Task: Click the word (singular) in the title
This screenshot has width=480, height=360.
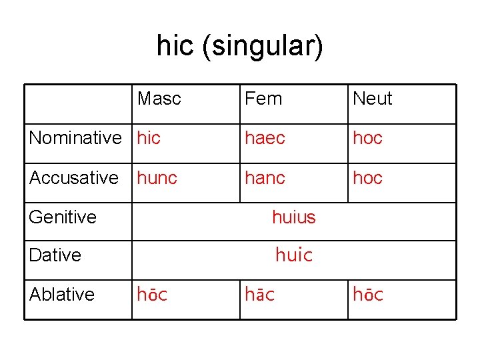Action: click(263, 47)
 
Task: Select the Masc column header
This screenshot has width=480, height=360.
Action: click(159, 99)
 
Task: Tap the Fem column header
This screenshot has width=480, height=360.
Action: click(263, 99)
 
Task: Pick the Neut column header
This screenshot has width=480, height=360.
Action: click(372, 99)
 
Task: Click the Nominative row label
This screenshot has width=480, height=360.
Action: click(75, 138)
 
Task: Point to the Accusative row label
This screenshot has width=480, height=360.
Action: click(74, 178)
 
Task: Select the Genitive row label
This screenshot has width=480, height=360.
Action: click(63, 217)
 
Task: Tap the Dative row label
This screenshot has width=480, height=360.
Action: click(55, 255)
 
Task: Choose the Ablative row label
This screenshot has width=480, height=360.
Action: click(62, 294)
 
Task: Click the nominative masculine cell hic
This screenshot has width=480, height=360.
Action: click(149, 138)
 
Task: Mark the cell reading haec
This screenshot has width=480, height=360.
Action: click(265, 138)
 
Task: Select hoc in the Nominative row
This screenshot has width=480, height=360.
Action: click(367, 138)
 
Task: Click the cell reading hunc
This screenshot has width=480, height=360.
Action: click(157, 178)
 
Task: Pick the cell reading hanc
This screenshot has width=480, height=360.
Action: click(265, 178)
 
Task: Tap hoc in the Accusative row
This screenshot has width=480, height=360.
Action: click(367, 178)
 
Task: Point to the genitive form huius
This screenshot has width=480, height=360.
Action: click(294, 217)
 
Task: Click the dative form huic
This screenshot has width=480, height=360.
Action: click(294, 255)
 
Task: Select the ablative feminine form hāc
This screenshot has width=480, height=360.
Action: click(260, 294)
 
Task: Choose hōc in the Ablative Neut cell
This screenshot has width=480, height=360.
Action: click(368, 294)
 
